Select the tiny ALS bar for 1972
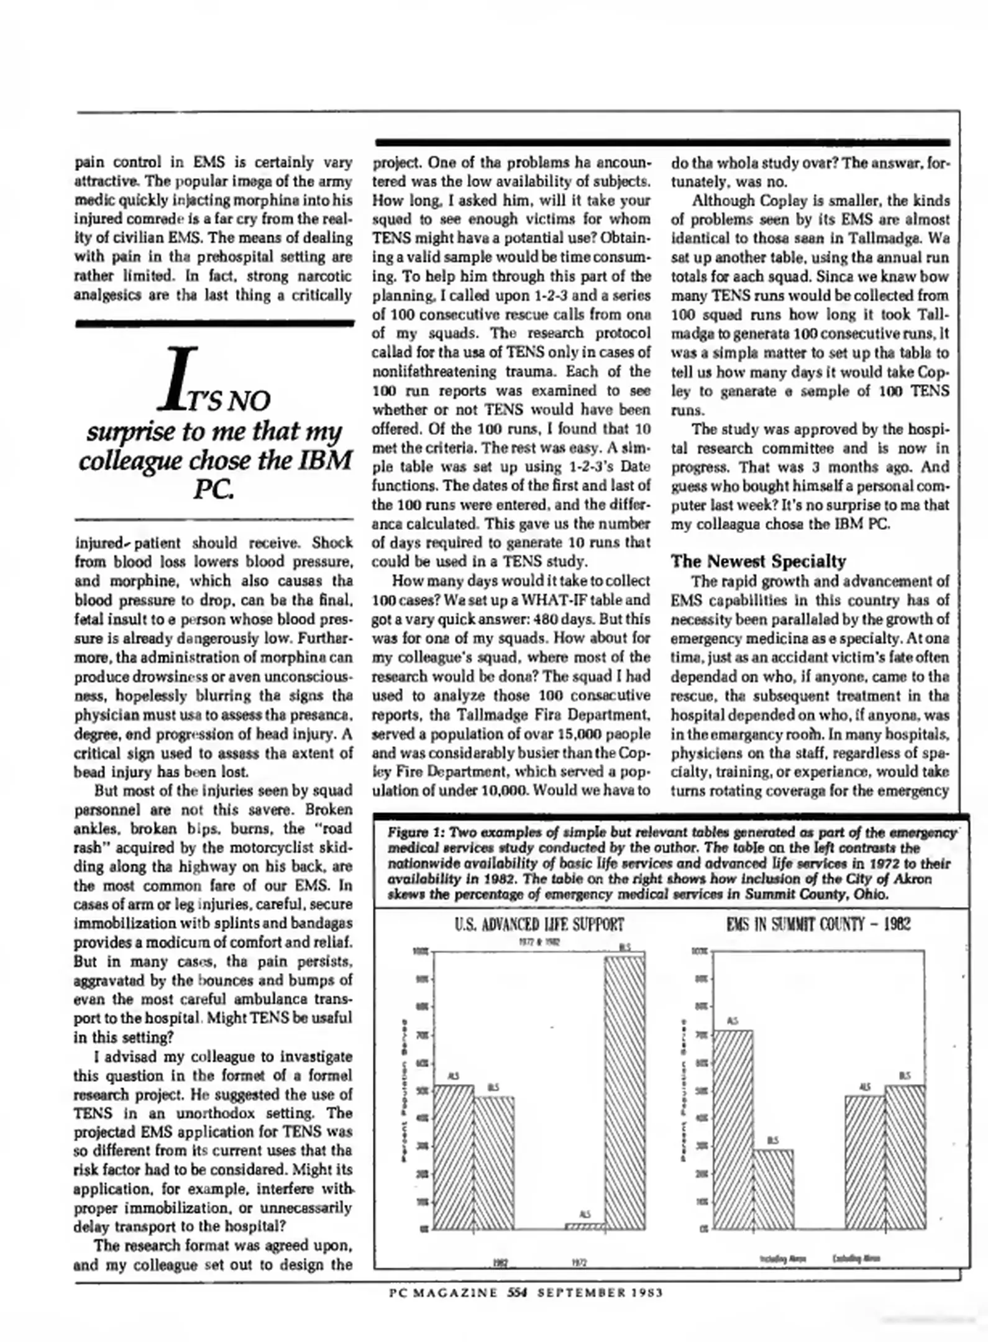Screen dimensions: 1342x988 point(585,1226)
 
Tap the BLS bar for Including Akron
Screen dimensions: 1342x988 point(773,1189)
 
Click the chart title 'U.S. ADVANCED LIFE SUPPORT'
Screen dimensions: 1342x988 point(539,924)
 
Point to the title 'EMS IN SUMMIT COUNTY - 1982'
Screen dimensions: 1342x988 point(818,924)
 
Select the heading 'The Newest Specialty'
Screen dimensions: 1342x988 point(758,561)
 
